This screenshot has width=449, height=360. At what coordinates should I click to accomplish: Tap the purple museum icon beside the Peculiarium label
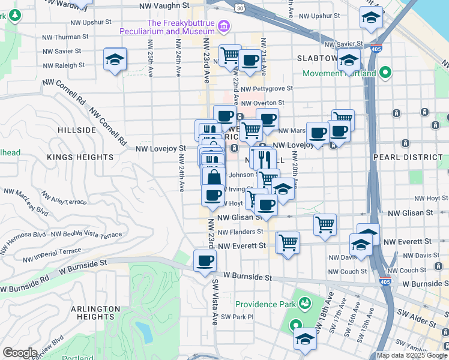point(224,25)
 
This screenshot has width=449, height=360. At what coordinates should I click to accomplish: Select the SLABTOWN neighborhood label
point(318,58)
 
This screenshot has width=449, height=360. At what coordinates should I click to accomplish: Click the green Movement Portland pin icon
point(385,74)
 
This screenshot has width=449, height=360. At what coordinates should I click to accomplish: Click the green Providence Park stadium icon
point(304,304)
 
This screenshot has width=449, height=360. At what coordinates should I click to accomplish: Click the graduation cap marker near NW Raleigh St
point(115,59)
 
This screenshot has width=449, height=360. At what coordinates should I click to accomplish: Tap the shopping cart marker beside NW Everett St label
point(288,242)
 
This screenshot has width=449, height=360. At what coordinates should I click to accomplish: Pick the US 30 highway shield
point(240,8)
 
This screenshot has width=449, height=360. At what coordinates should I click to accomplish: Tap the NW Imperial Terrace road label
point(52,256)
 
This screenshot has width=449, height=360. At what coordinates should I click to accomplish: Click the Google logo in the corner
point(19,353)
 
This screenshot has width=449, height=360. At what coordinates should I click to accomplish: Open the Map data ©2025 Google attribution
point(411,355)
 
